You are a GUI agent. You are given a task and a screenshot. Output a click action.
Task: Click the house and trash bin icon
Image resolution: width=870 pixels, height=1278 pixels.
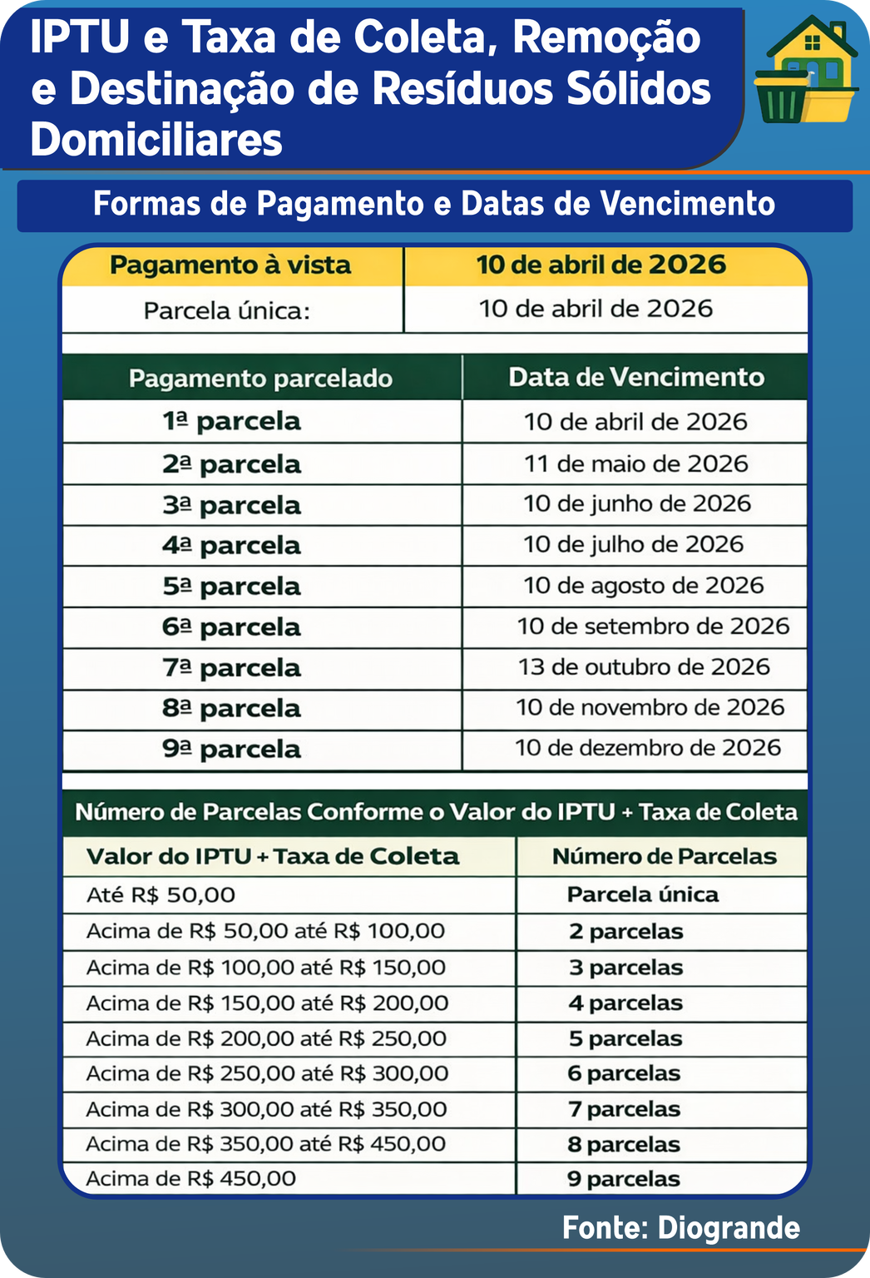point(806,71)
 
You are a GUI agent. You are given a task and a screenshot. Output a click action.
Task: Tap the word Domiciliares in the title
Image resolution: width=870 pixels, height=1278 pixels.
point(156,140)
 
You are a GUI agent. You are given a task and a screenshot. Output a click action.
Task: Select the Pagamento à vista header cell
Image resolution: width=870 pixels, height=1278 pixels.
point(231,265)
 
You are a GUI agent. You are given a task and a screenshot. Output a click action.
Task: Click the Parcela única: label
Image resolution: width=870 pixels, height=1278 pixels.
point(227,311)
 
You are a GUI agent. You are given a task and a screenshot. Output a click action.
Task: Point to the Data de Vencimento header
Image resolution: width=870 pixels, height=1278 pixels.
point(636,377)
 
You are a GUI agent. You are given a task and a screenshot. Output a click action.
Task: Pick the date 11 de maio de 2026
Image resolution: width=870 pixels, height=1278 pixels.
point(636,463)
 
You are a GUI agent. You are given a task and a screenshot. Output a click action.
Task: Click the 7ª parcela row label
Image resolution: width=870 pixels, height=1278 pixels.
point(231,668)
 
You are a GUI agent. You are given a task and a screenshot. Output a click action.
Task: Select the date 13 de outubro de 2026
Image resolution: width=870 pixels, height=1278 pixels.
point(645,666)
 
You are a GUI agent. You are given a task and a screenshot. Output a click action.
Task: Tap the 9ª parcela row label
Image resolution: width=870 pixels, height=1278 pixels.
point(231,749)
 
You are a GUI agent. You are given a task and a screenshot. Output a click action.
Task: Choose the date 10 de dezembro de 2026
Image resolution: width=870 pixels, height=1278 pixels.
point(648,747)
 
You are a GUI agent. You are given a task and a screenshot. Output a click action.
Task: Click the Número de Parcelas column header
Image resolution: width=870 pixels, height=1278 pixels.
point(664,856)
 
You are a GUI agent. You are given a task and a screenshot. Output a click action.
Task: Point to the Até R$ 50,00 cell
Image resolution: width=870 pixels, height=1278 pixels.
point(161,895)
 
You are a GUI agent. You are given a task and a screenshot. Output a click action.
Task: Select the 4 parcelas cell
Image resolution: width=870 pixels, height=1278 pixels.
point(625,1003)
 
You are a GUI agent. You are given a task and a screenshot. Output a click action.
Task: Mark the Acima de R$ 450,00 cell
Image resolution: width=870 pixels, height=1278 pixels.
point(191,1179)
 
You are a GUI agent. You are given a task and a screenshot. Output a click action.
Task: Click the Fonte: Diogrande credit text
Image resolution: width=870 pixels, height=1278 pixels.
point(680,1228)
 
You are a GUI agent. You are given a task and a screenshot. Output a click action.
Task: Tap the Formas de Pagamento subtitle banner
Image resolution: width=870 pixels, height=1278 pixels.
point(434,205)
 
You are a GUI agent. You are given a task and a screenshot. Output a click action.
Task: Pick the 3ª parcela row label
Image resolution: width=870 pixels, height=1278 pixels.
point(231,505)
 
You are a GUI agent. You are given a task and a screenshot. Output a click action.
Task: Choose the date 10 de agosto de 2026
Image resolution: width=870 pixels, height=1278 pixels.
point(644,586)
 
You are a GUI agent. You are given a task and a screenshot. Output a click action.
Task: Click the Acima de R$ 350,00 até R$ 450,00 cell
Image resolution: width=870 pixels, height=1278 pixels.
point(266,1144)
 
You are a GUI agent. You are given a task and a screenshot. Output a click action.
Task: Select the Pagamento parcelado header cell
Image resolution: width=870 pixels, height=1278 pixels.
point(260,379)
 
